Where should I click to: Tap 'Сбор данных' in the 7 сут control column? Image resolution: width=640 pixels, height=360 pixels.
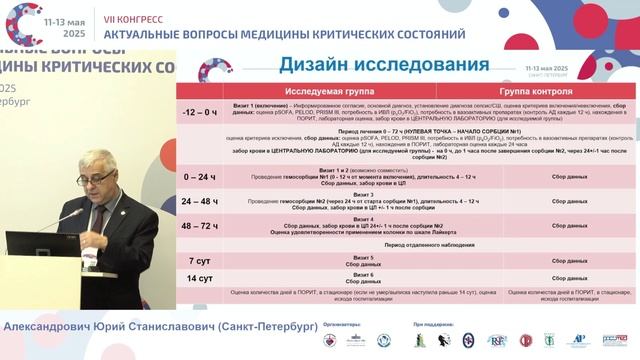click(x=552, y=260)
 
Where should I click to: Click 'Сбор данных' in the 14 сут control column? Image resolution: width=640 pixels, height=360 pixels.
click(x=552, y=276)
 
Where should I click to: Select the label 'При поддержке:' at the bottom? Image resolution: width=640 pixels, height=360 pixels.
click(x=433, y=325)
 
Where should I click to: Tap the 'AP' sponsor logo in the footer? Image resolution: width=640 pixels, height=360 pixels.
click(x=578, y=341)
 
